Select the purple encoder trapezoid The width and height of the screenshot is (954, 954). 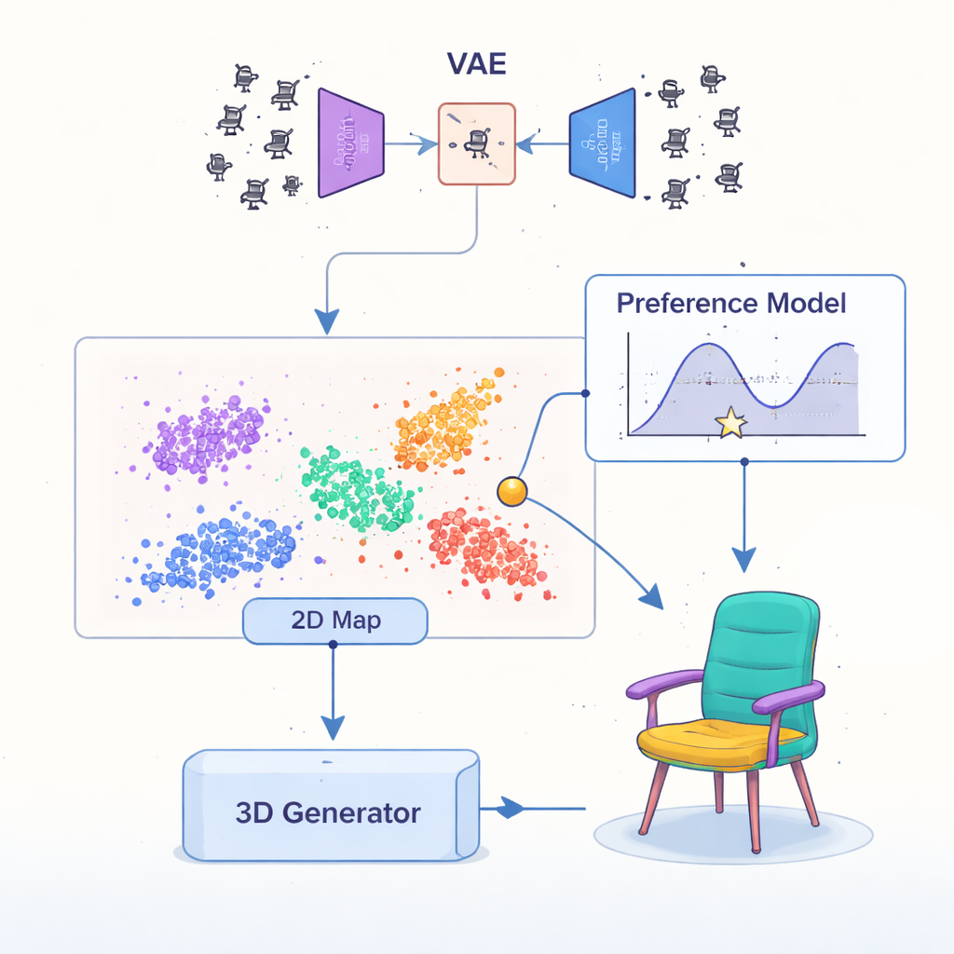(349, 143)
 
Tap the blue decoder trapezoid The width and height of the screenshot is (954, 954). (603, 143)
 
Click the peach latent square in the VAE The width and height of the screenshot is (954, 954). (476, 143)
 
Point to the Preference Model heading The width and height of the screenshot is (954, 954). (731, 303)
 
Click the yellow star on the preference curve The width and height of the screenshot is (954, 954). (729, 424)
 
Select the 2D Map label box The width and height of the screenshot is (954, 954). (334, 621)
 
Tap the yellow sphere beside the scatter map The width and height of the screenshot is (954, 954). (511, 492)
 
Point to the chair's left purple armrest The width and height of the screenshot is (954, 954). (663, 686)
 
